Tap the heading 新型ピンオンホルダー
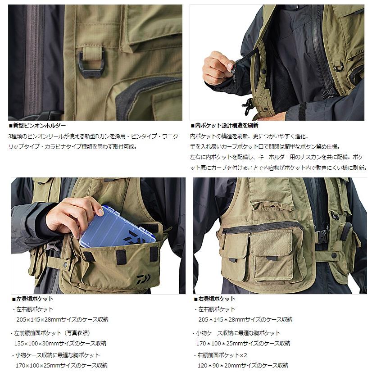[39, 126]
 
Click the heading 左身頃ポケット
[33, 299]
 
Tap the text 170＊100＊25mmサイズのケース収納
[244, 343]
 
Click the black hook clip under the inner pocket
[247, 106]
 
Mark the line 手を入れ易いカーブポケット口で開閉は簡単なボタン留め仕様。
[265, 146]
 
